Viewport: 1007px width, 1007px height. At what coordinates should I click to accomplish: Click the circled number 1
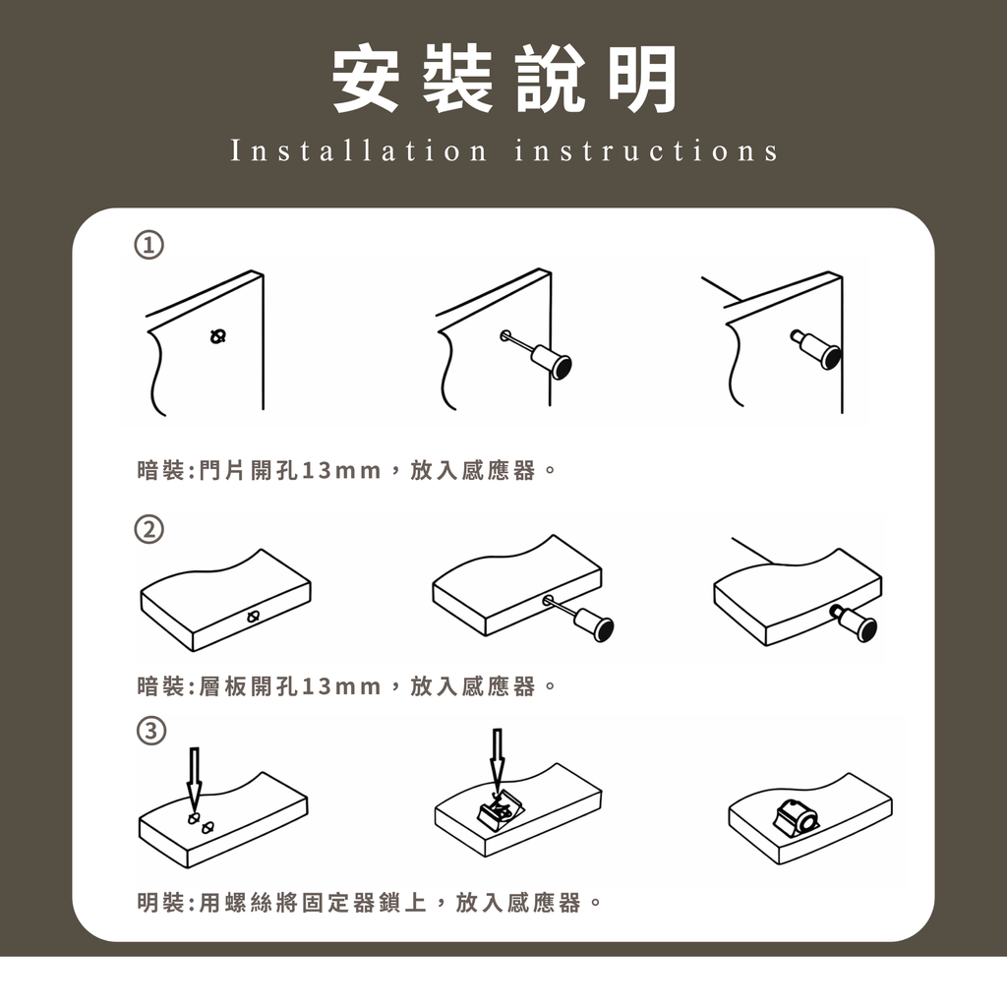point(148,245)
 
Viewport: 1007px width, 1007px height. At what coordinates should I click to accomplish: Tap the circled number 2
point(148,529)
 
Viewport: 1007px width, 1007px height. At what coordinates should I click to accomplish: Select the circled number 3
point(151,731)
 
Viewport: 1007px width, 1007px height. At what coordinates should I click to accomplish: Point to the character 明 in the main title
point(643,79)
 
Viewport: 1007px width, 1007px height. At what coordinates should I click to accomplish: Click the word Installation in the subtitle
point(359,150)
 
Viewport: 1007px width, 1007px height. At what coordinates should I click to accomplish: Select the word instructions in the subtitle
point(646,150)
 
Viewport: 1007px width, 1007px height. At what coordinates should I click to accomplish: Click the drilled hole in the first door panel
point(218,335)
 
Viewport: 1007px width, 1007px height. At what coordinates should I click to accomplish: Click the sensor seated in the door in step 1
point(816,350)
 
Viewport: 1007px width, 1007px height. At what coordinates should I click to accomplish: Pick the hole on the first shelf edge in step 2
point(254,618)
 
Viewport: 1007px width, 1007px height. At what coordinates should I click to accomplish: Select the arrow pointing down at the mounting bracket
point(497,761)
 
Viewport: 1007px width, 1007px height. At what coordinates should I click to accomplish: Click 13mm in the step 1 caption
point(341,471)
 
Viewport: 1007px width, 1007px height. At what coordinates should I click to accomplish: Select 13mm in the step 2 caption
point(341,686)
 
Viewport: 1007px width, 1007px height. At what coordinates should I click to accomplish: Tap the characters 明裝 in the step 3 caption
point(161,903)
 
